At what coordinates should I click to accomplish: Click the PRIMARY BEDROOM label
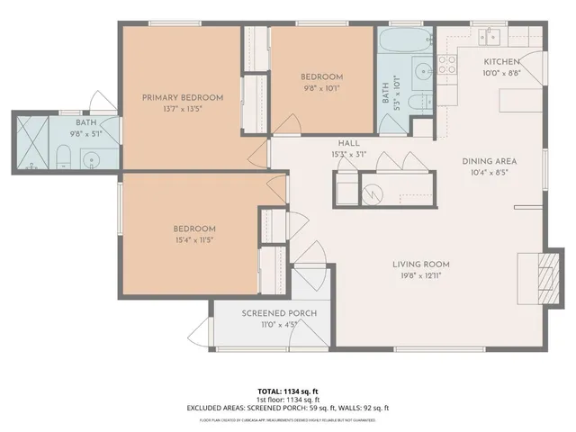tap(183, 97)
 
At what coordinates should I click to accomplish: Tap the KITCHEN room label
tap(501, 61)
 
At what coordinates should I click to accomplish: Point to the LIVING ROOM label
tap(420, 264)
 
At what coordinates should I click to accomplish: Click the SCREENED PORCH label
tap(279, 313)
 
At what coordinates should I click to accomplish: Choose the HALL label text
tap(349, 143)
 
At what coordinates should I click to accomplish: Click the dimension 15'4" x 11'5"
tap(194, 239)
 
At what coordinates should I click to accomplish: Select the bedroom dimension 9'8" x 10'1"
tap(321, 88)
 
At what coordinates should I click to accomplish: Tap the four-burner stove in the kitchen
tap(446, 63)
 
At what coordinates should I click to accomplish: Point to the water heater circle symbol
tap(372, 192)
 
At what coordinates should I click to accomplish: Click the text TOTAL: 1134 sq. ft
tap(287, 391)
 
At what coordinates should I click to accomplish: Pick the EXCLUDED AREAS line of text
tap(287, 408)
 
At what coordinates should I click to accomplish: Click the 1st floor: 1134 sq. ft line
tap(287, 400)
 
